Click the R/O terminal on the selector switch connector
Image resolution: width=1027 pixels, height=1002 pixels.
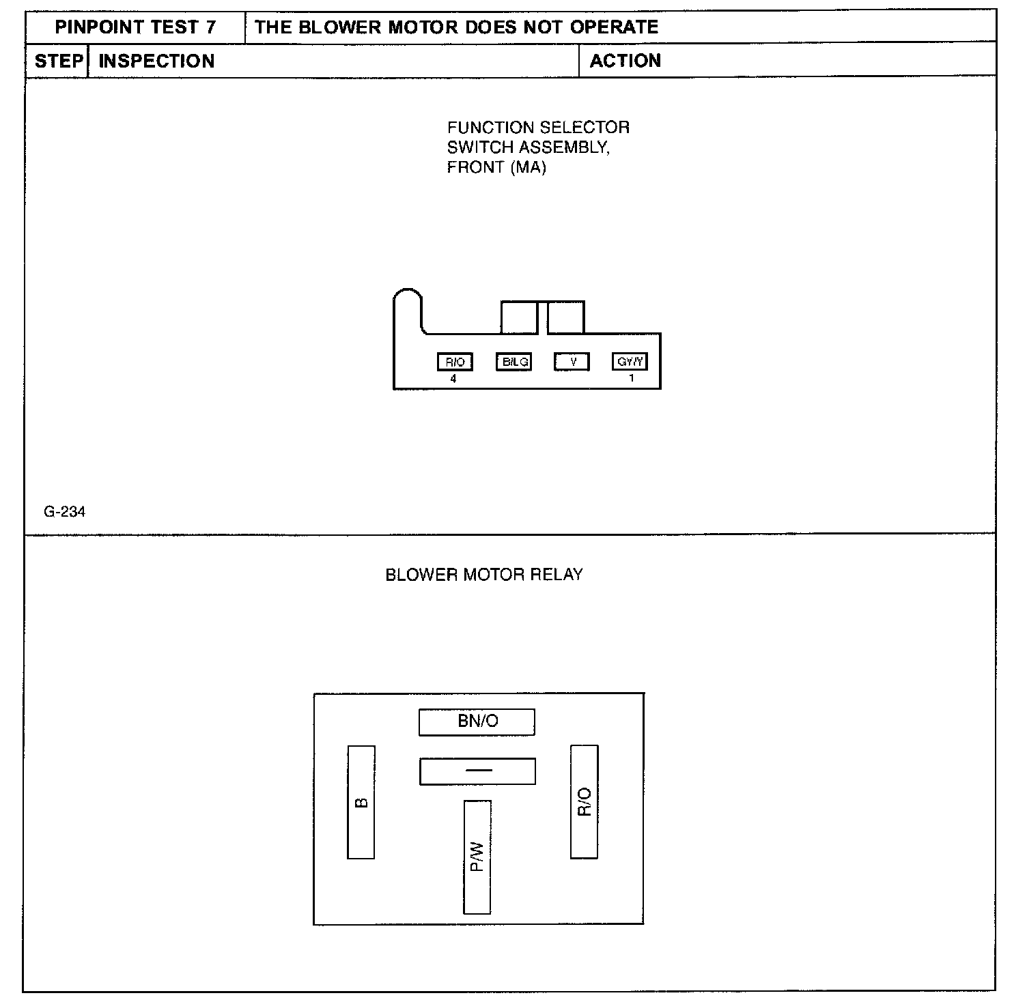(455, 362)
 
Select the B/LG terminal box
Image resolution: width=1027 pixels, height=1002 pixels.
(514, 362)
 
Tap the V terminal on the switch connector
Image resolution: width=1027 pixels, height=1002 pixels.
(572, 362)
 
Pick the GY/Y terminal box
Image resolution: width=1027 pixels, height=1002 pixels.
(630, 362)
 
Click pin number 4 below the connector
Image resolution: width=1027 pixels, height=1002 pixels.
(454, 379)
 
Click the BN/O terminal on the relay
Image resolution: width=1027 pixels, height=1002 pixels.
(477, 722)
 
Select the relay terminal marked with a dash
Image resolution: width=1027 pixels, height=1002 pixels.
(477, 771)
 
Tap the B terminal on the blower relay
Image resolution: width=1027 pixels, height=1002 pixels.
(361, 802)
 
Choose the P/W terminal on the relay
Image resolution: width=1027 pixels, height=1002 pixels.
(477, 857)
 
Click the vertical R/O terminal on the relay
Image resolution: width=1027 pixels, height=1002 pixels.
(585, 802)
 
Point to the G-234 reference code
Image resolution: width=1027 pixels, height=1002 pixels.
(64, 512)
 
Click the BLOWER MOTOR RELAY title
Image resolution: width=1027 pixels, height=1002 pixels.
(484, 575)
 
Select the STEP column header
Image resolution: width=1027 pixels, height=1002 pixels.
(58, 61)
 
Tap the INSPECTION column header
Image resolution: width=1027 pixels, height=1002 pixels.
(156, 61)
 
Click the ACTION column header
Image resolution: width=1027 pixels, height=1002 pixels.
(625, 61)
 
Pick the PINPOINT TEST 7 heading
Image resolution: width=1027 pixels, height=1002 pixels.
(135, 27)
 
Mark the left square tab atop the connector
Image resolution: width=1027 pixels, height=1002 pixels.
(519, 317)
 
